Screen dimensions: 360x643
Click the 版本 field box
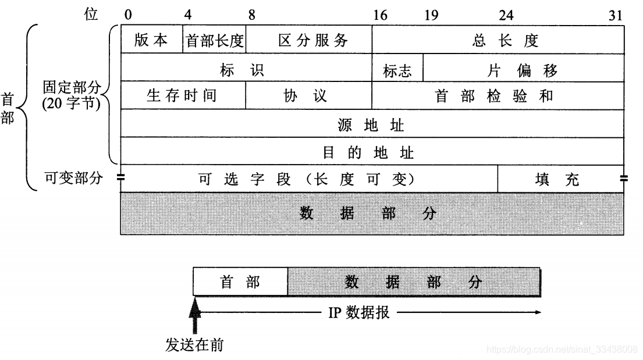pos(151,40)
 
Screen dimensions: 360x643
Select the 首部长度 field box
pos(214,40)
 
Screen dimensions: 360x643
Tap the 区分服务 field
pos(309,40)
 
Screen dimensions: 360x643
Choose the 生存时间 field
pos(183,95)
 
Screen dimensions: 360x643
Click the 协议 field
pos(309,95)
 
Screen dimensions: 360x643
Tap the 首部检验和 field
pos(498,95)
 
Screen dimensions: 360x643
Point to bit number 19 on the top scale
pos(431,16)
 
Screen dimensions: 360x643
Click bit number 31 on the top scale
pos(616,16)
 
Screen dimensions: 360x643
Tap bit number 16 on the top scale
pos(379,16)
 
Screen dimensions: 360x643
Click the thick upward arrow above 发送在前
pos(196,316)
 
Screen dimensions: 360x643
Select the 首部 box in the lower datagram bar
pos(240,282)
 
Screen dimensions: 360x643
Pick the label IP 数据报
pos(358,313)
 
